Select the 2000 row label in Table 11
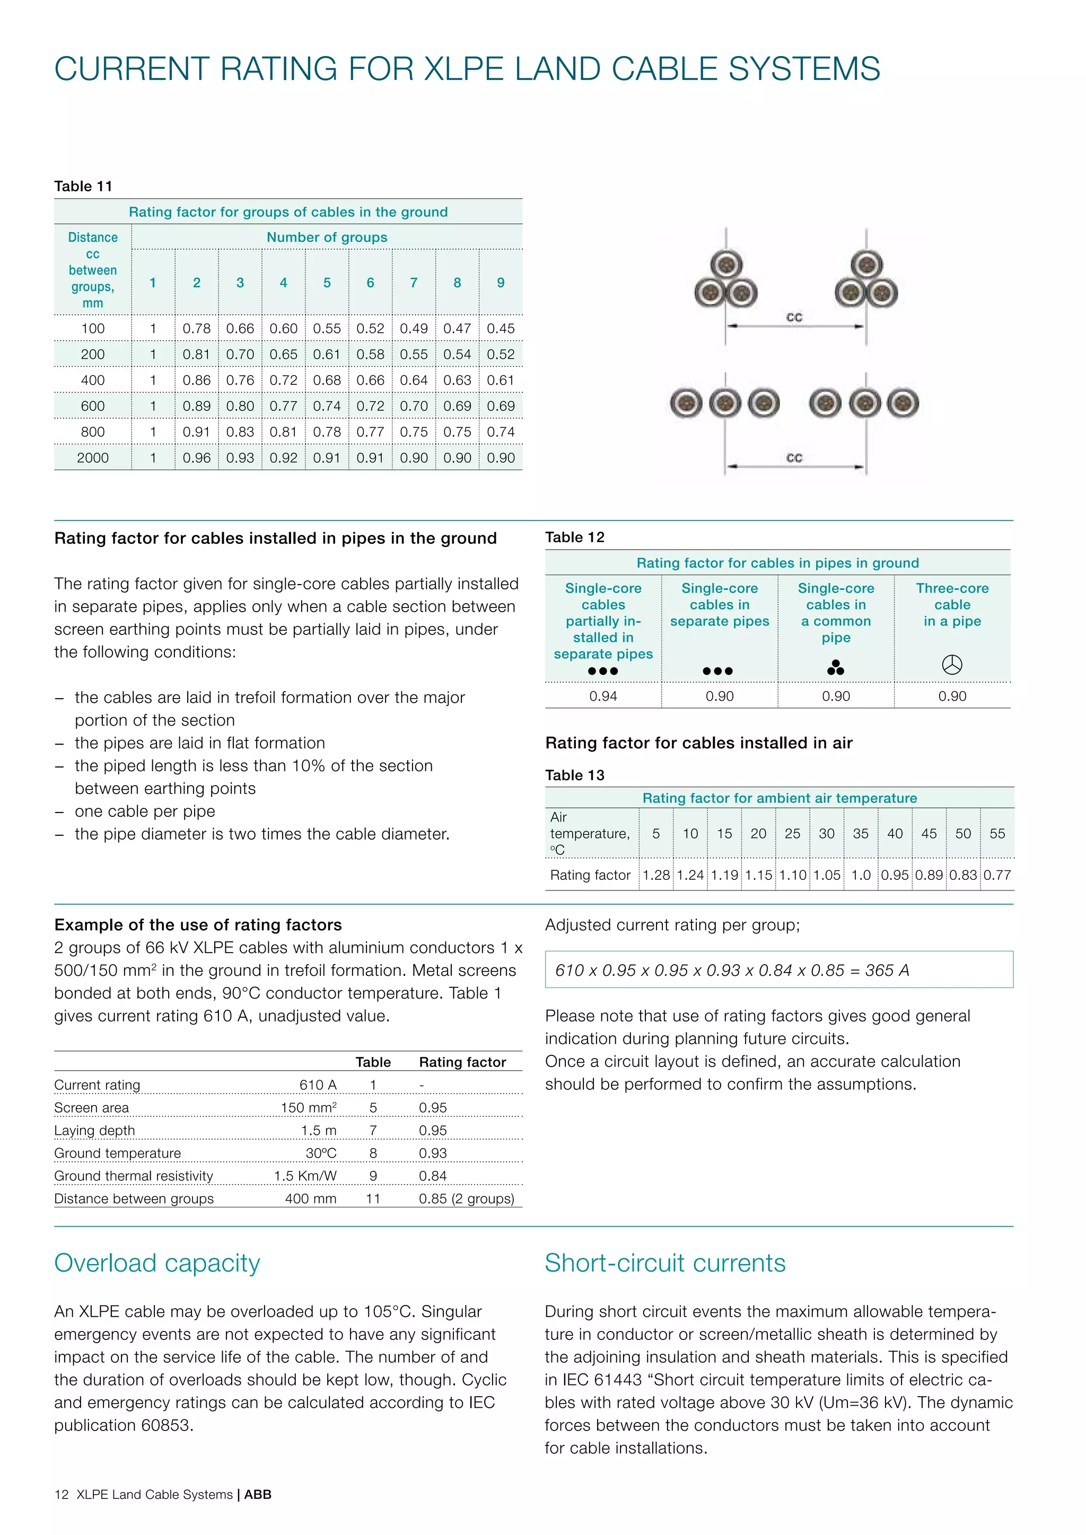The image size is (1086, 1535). tap(92, 458)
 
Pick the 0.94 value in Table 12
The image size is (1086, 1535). tap(602, 696)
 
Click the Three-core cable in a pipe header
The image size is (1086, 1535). tap(952, 605)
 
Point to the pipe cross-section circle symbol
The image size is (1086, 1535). tap(952, 665)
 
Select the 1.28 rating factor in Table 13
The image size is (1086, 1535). tap(655, 875)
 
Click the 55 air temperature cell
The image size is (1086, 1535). tap(996, 834)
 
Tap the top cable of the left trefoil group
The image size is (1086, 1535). tap(726, 264)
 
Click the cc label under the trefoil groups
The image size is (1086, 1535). tap(794, 317)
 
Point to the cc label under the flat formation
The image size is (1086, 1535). tap(794, 458)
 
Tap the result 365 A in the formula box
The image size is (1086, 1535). tap(887, 971)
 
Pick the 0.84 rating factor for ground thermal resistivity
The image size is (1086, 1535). tap(433, 1176)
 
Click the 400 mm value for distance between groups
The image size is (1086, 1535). tap(310, 1199)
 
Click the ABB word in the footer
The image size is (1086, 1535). tap(258, 1495)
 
